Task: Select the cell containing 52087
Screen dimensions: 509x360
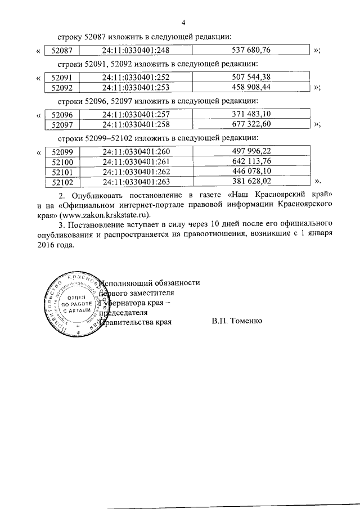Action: coord(62,51)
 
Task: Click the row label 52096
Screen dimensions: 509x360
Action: coord(62,114)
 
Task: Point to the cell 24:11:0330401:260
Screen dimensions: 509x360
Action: coord(136,151)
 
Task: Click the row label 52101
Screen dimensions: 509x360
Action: coord(62,171)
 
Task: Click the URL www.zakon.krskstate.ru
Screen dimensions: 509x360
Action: coord(120,214)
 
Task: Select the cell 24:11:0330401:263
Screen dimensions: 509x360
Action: coord(136,181)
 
